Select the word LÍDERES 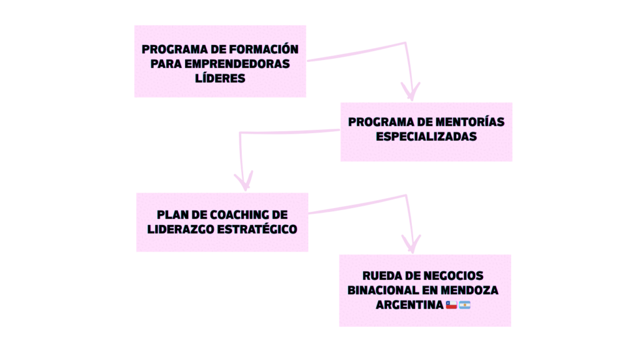pos(220,78)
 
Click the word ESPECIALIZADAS pos(426,136)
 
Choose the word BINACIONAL pos(383,291)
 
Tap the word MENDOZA pos(469,291)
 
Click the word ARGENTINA pos(409,305)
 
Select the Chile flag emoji pos(452,305)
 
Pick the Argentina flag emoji pos(465,305)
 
